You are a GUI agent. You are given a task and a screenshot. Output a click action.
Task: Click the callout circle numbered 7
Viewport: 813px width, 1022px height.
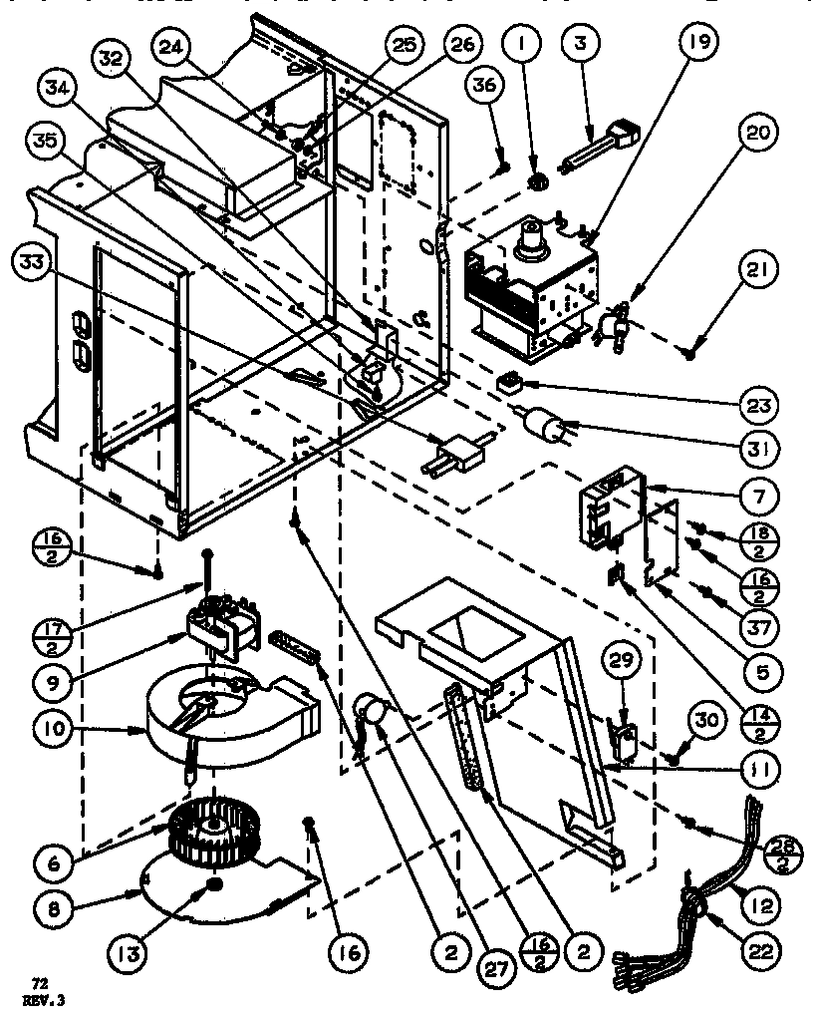pos(762,497)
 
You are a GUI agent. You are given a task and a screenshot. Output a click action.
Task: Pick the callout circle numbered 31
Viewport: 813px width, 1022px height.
pos(762,451)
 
